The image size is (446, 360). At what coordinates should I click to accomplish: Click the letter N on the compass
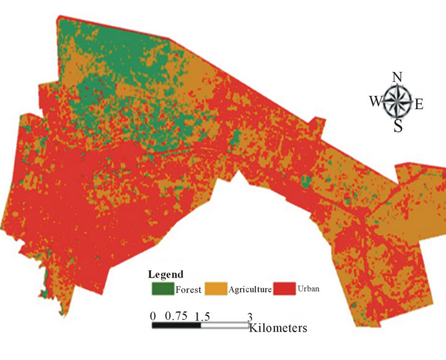point(398,77)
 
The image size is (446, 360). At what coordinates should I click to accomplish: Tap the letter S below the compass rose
point(398,126)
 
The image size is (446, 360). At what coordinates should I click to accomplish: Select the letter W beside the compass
point(375,102)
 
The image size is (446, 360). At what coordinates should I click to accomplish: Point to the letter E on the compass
point(419,104)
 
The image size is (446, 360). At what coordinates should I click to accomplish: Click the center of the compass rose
point(398,102)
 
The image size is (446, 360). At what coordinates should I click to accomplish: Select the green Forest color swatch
point(162,288)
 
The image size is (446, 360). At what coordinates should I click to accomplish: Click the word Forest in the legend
point(188,289)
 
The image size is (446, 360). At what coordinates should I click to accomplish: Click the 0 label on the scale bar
point(153,316)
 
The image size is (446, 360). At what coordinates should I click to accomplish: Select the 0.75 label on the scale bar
point(176,316)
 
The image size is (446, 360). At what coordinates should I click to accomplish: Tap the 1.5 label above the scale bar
point(201,316)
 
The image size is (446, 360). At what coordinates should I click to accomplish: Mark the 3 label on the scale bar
point(250,316)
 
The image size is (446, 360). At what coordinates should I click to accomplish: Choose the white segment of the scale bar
point(224,325)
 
